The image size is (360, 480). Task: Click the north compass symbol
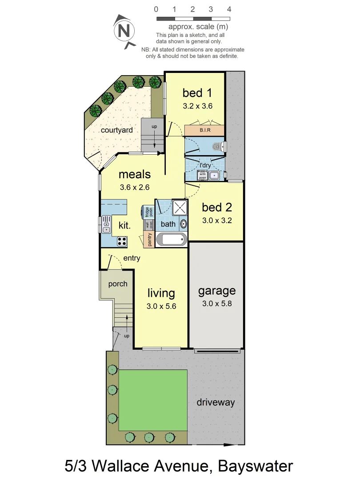pyautogui.click(x=125, y=31)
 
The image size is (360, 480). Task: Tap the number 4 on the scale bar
pyautogui.click(x=229, y=9)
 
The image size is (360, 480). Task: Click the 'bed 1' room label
pyautogui.click(x=197, y=93)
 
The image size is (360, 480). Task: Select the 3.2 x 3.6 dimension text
pyautogui.click(x=197, y=106)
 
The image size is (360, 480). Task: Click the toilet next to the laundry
pyautogui.click(x=218, y=146)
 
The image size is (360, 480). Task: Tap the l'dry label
pyautogui.click(x=204, y=166)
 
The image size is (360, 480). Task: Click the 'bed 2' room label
pyautogui.click(x=216, y=207)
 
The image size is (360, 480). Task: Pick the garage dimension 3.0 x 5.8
pyautogui.click(x=216, y=304)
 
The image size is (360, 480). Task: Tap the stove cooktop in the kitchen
pyautogui.click(x=121, y=241)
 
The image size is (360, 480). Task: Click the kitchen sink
pyautogui.click(x=106, y=224)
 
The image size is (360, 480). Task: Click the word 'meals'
pyautogui.click(x=134, y=174)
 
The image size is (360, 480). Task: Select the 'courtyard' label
pyautogui.click(x=117, y=130)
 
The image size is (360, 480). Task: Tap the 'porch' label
pyautogui.click(x=117, y=284)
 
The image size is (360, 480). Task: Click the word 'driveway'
pyautogui.click(x=216, y=403)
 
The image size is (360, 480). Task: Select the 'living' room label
pyautogui.click(x=161, y=293)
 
